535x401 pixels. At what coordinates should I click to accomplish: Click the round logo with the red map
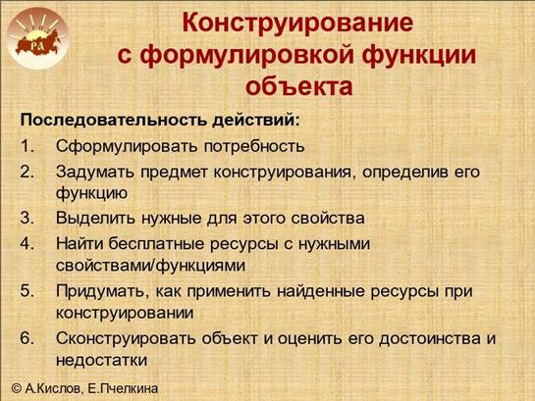(37, 38)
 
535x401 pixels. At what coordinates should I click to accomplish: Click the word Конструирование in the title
(297, 24)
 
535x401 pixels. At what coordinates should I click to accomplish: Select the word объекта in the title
(298, 85)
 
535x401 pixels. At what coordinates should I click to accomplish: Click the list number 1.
(27, 146)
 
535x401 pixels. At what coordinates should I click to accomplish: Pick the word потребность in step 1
(254, 147)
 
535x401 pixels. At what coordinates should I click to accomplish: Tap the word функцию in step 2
(91, 193)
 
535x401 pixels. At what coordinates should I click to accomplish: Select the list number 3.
(27, 218)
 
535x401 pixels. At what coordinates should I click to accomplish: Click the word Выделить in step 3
(95, 219)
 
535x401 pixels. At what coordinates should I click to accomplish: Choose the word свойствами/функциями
(150, 266)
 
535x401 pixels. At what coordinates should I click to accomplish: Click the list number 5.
(27, 291)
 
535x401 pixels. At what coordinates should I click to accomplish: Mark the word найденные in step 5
(321, 291)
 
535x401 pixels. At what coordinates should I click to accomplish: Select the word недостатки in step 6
(101, 360)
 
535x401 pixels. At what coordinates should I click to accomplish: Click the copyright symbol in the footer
(17, 388)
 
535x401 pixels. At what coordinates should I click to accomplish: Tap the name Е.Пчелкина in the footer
(123, 388)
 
